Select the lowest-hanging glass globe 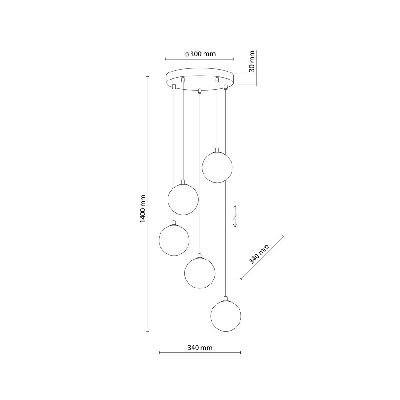pyautogui.click(x=226, y=316)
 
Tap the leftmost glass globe pyautogui.click(x=174, y=240)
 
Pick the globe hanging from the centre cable pyautogui.click(x=200, y=272)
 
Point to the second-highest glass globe pyautogui.click(x=183, y=200)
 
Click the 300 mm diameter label pyautogui.click(x=200, y=54)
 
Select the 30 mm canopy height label pyautogui.click(x=252, y=62)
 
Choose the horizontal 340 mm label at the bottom pyautogui.click(x=200, y=348)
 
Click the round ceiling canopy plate pyautogui.click(x=200, y=79)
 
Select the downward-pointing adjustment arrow pyautogui.click(x=236, y=224)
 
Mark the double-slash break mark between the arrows pyautogui.click(x=236, y=216)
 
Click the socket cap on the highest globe pyautogui.click(x=216, y=149)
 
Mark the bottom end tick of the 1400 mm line pyautogui.click(x=148, y=331)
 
